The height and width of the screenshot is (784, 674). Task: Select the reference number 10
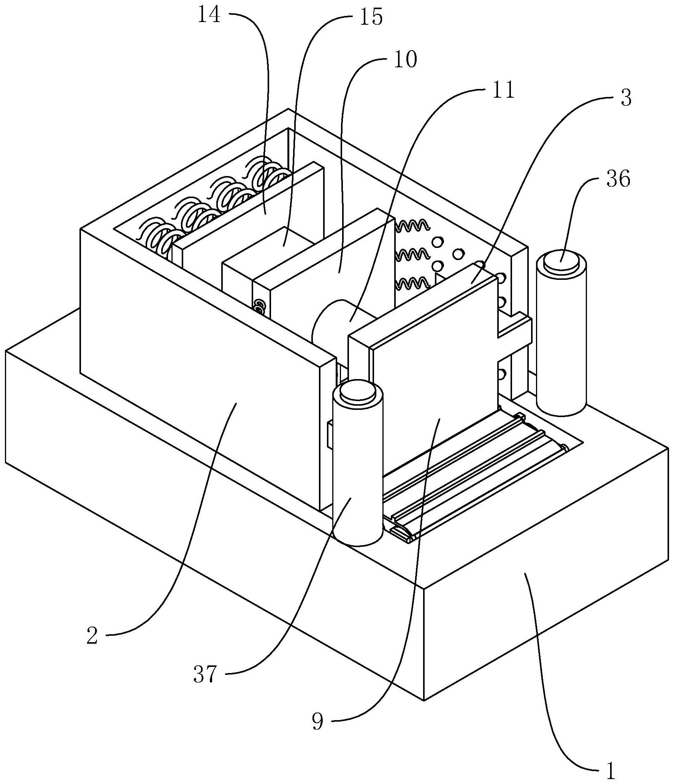[406, 60]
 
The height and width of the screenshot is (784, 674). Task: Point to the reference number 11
[503, 90]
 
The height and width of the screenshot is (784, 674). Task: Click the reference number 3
[626, 97]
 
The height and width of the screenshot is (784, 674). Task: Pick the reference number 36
[618, 179]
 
